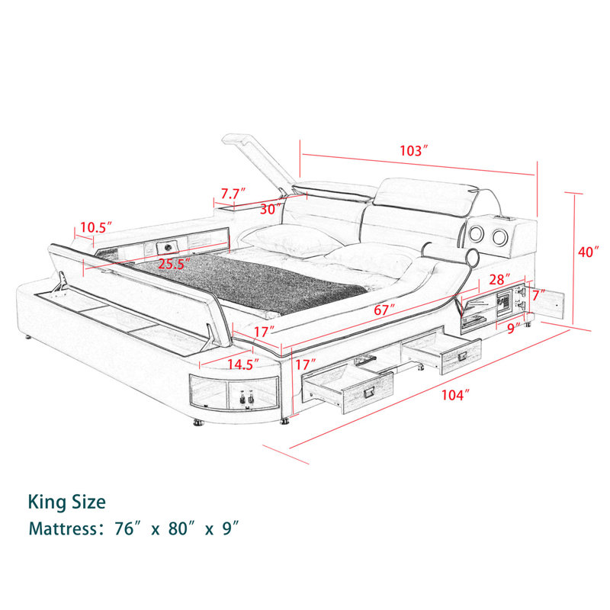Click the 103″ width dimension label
pyautogui.click(x=414, y=150)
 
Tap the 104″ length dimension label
pyautogui.click(x=454, y=395)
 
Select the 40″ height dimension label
pyautogui.click(x=588, y=252)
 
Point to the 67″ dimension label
pyautogui.click(x=384, y=310)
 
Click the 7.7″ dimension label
pyautogui.click(x=233, y=194)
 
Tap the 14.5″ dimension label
pyautogui.click(x=243, y=364)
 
